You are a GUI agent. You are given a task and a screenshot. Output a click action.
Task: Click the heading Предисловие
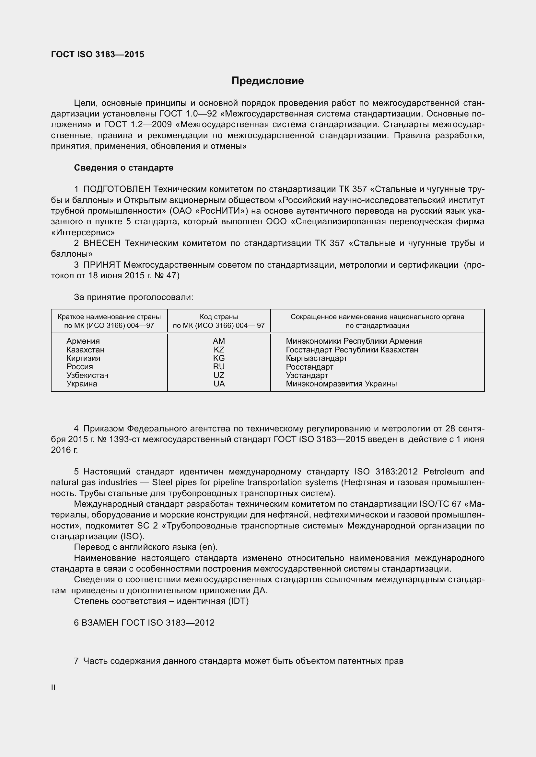point(267,81)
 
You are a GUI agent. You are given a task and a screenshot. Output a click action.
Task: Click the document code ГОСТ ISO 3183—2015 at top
point(98,55)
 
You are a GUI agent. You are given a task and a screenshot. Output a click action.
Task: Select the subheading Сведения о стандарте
point(123,168)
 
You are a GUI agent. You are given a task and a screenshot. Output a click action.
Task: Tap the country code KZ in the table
point(219,350)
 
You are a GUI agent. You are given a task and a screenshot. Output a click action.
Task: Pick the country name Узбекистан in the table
point(87,375)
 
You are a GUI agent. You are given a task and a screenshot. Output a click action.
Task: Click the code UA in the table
point(219,384)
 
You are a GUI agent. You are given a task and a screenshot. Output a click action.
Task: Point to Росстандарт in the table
point(309,367)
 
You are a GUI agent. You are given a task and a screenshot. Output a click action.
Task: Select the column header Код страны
point(219,317)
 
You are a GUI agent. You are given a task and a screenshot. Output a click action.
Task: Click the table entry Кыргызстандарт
point(316,358)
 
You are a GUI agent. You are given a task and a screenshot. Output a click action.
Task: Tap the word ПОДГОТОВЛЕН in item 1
point(117,189)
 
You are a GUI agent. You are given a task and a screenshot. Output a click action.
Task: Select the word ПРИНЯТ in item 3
point(102,265)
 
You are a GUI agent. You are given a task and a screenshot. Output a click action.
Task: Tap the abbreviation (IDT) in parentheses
point(238,601)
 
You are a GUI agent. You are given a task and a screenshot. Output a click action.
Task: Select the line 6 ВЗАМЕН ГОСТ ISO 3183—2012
point(144,623)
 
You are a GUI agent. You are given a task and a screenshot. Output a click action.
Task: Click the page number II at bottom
point(53,688)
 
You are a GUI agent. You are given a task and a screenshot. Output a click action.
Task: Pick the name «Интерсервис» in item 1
point(83,232)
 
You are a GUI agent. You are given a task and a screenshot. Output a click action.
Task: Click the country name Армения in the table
point(83,341)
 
